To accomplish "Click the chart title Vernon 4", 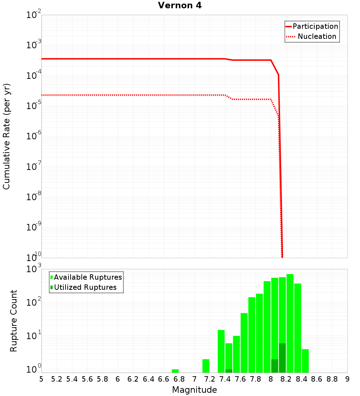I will pos(180,6).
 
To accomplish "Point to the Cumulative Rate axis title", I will pos(6,136).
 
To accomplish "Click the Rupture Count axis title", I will pos(14,321).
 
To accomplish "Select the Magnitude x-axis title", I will pos(194,390).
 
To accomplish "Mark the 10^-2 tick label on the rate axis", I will pos(34,15).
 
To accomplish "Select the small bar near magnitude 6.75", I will pos(175,371).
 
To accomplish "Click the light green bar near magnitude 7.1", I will pos(206,366).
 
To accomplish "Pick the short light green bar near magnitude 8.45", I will pos(305,361).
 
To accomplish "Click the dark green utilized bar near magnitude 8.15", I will pos(282,358).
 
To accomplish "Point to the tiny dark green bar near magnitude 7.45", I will pos(229,371).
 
